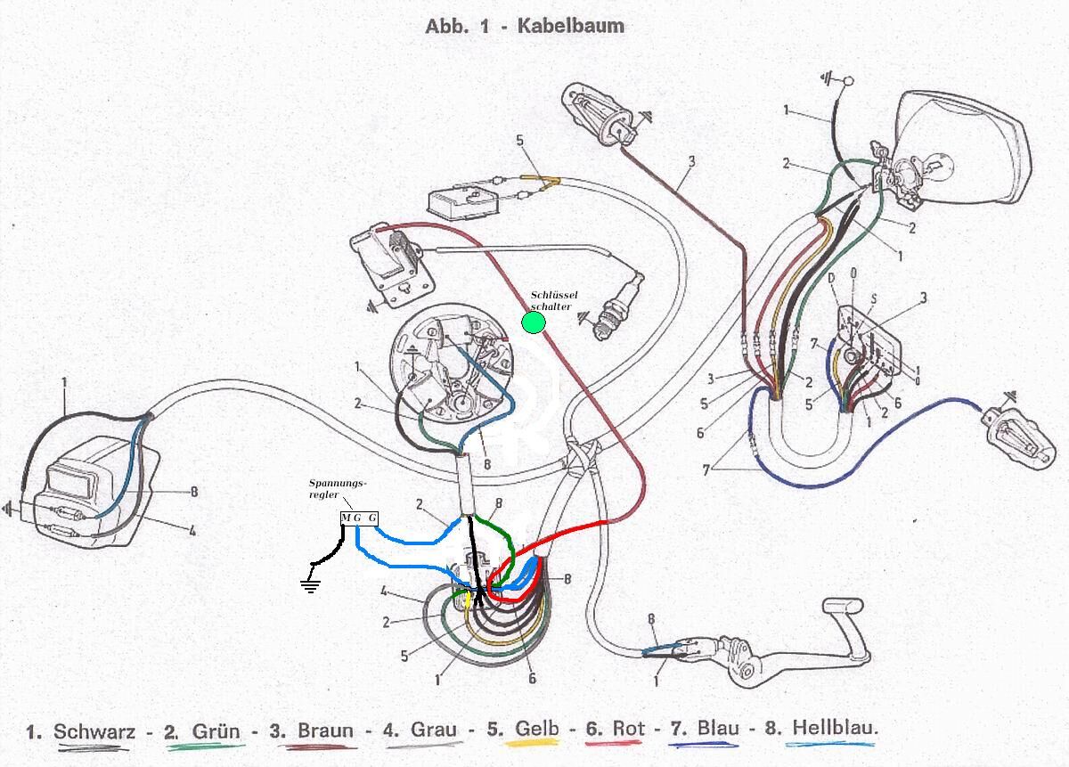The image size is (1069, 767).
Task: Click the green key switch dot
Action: click(534, 322)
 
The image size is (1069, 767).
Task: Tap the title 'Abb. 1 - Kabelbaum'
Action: click(525, 26)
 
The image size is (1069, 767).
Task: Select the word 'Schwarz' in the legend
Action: click(94, 731)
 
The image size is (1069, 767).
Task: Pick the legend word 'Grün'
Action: click(216, 731)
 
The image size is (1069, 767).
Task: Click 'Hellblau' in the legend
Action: click(834, 727)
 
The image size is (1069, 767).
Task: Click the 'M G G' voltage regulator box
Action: click(359, 518)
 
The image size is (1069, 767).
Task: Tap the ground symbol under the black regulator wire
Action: click(309, 584)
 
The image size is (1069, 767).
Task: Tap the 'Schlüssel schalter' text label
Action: click(554, 300)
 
